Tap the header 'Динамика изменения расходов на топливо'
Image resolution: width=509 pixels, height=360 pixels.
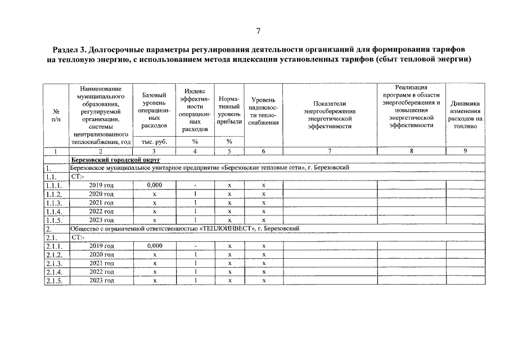465,115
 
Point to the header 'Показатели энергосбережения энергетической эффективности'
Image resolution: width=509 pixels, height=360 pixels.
330,115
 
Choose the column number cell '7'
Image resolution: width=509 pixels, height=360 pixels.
330,151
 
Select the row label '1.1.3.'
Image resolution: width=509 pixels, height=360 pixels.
54,202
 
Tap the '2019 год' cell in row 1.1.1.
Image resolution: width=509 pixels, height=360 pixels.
101,185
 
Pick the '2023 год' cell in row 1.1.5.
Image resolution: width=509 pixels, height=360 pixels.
101,220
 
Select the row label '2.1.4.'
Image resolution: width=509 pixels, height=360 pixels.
54,272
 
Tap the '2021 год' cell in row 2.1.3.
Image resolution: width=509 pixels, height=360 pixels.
101,263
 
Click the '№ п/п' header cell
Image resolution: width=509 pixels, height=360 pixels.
56,115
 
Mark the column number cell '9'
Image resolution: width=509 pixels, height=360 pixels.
465,151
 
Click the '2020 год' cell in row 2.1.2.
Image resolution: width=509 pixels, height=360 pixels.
101,255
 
